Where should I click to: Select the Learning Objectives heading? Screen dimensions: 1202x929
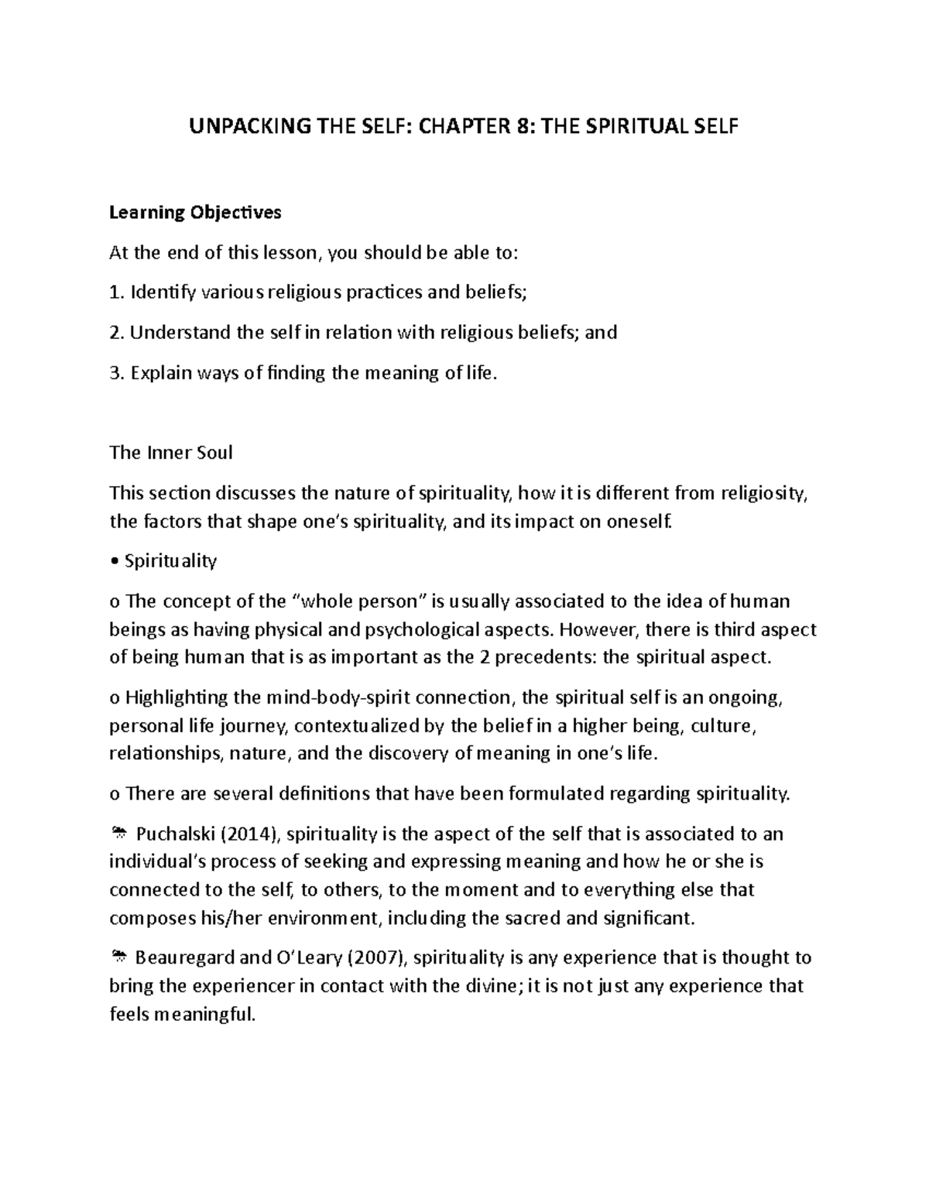click(195, 212)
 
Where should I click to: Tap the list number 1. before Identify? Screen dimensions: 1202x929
click(116, 293)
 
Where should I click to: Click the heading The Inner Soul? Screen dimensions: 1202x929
click(171, 453)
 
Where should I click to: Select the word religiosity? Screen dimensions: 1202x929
click(763, 493)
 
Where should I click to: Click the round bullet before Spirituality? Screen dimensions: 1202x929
click(114, 562)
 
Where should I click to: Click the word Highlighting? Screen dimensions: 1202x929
click(176, 697)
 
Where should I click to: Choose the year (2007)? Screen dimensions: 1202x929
click(378, 958)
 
